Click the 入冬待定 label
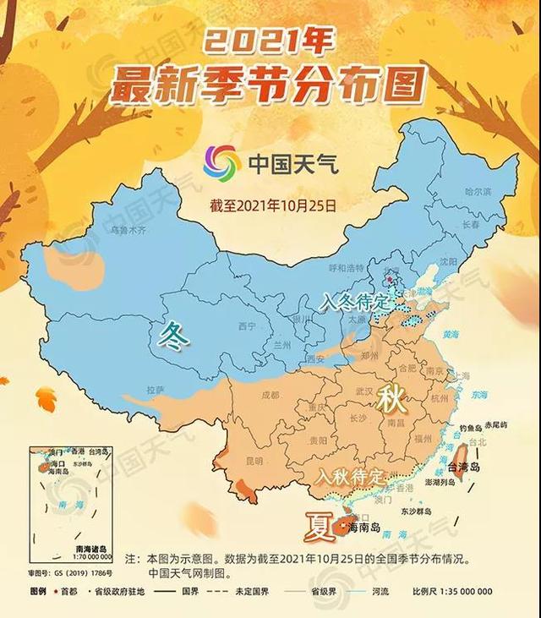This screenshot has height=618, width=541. pyautogui.click(x=357, y=301)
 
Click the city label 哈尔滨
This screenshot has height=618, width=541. pyautogui.click(x=478, y=193)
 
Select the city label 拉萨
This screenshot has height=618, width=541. pyautogui.click(x=155, y=390)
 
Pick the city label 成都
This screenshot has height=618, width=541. pyautogui.click(x=270, y=394)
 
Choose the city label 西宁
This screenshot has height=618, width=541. pyautogui.click(x=247, y=326)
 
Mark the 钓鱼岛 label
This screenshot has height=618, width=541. pyautogui.click(x=469, y=428)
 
